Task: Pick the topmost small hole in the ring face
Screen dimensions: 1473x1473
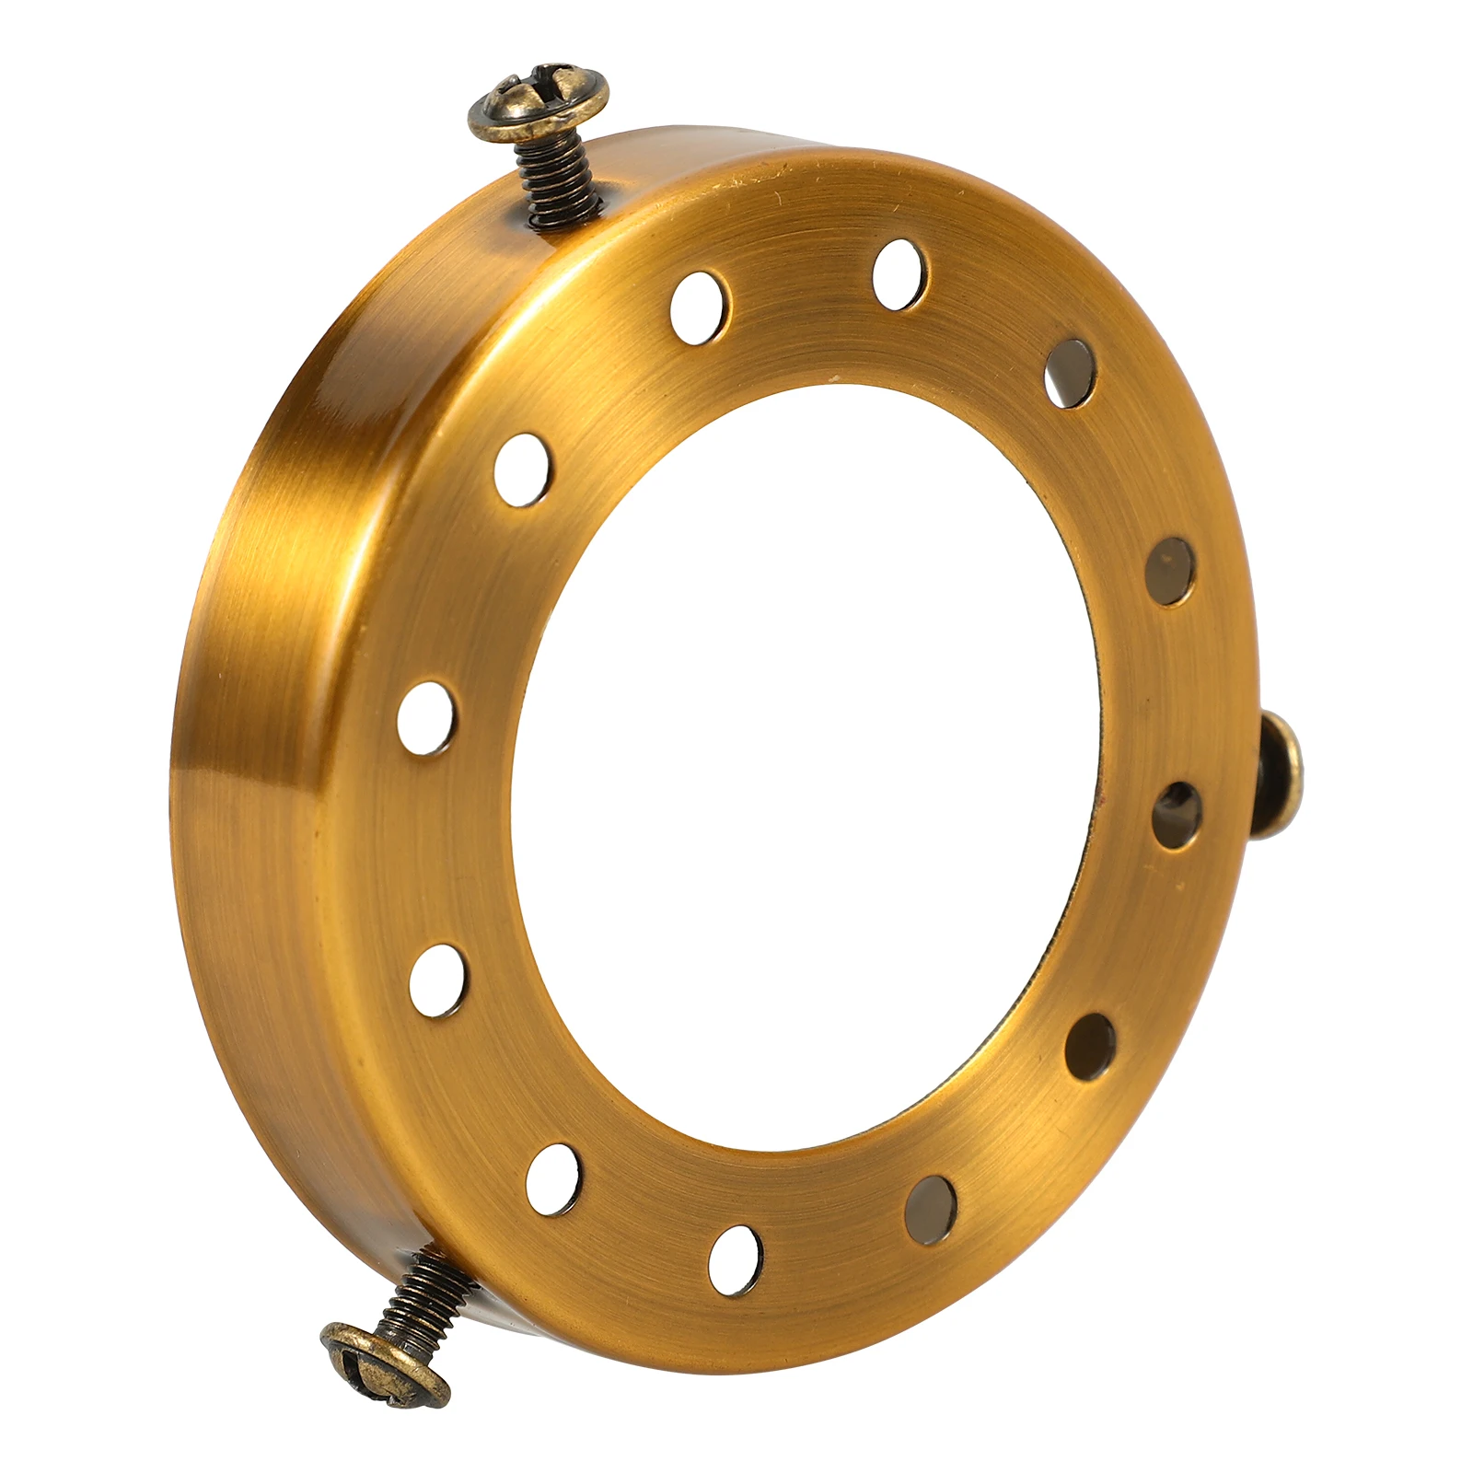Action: coord(899,273)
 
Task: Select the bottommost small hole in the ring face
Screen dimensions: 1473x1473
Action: coord(736,1259)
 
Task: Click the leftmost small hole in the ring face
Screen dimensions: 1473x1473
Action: coord(426,717)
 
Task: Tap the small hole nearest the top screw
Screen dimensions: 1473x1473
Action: coord(700,307)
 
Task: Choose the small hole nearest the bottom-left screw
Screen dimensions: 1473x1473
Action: coord(554,1178)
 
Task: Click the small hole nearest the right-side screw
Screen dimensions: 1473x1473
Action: coord(1177,814)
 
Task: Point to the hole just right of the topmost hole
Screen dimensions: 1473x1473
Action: coord(1070,372)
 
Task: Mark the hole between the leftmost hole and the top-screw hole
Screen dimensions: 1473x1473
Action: coord(522,470)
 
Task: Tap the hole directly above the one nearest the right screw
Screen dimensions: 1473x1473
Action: coord(1171,571)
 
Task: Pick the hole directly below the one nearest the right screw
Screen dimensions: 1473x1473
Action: coord(1090,1045)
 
